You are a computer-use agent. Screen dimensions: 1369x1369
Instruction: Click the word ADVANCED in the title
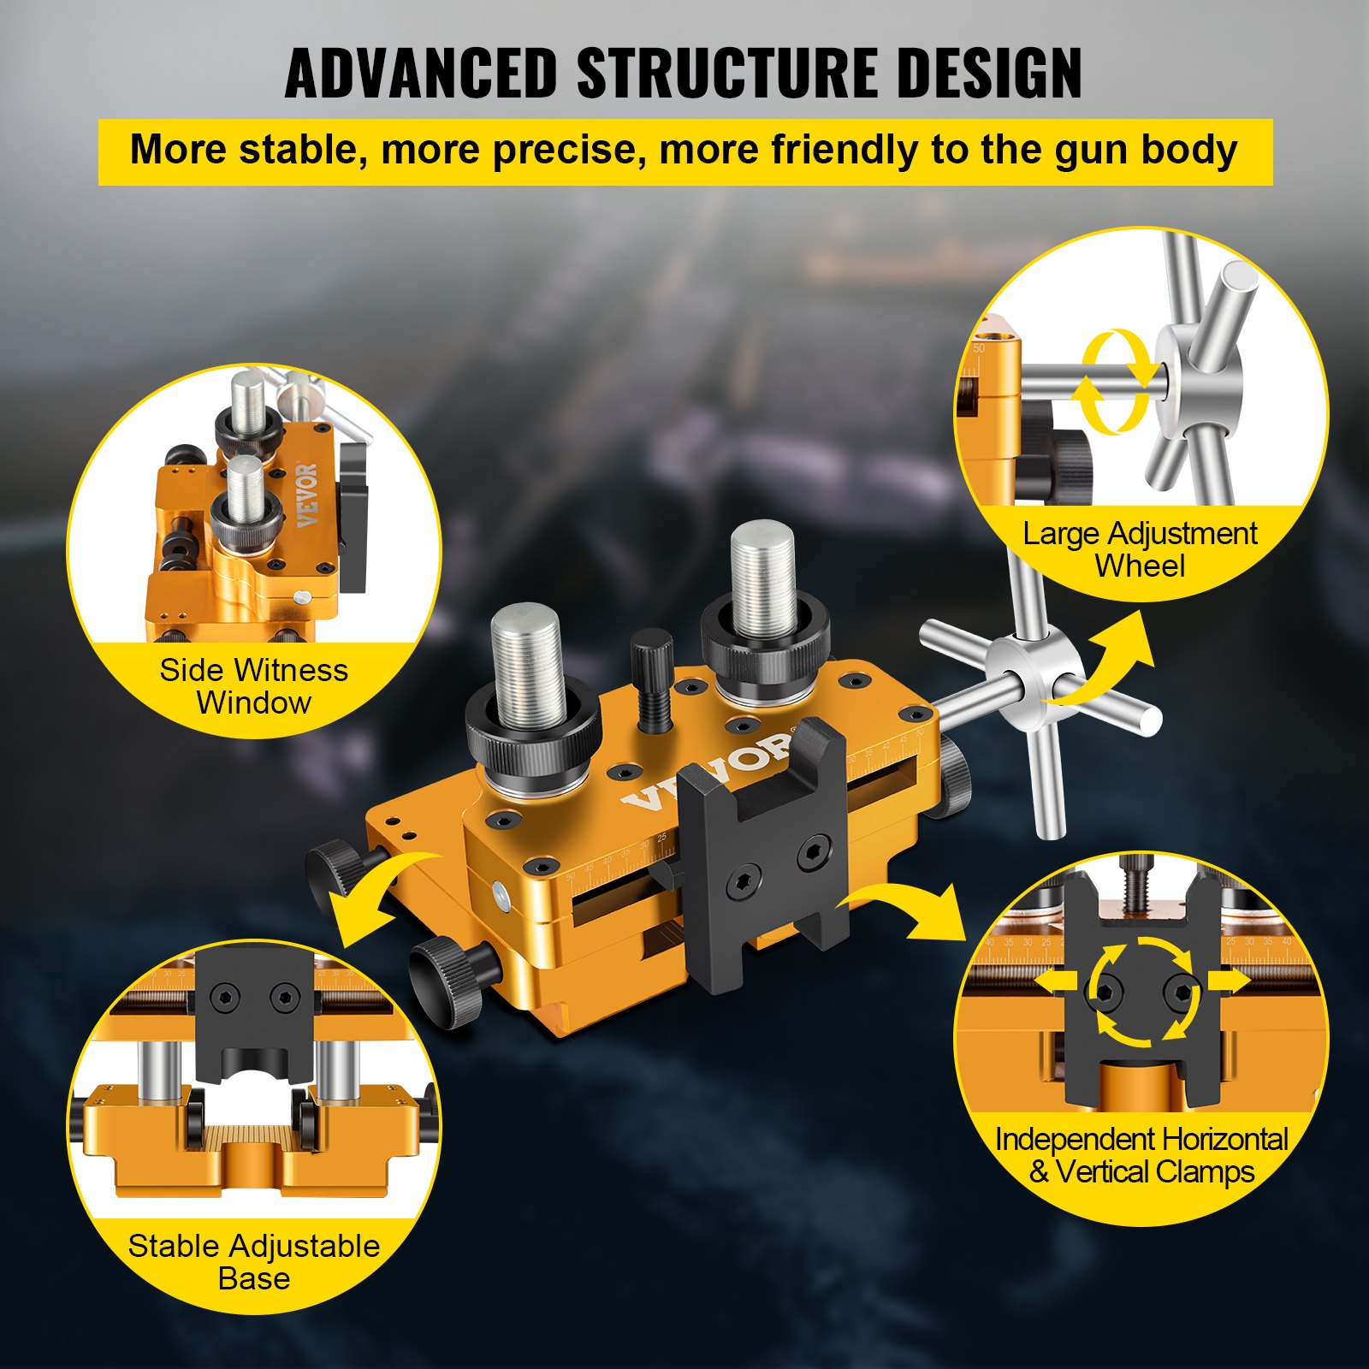[421, 73]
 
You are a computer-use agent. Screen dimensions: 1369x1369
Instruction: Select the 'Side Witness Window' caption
[254, 686]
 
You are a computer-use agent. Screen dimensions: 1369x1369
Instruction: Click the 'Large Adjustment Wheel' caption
[1140, 549]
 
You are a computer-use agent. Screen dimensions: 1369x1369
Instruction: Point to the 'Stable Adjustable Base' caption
[254, 1262]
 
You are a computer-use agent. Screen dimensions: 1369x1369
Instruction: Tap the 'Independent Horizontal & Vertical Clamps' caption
[1141, 1155]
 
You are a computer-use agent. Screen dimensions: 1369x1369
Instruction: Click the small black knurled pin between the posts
[653, 680]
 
